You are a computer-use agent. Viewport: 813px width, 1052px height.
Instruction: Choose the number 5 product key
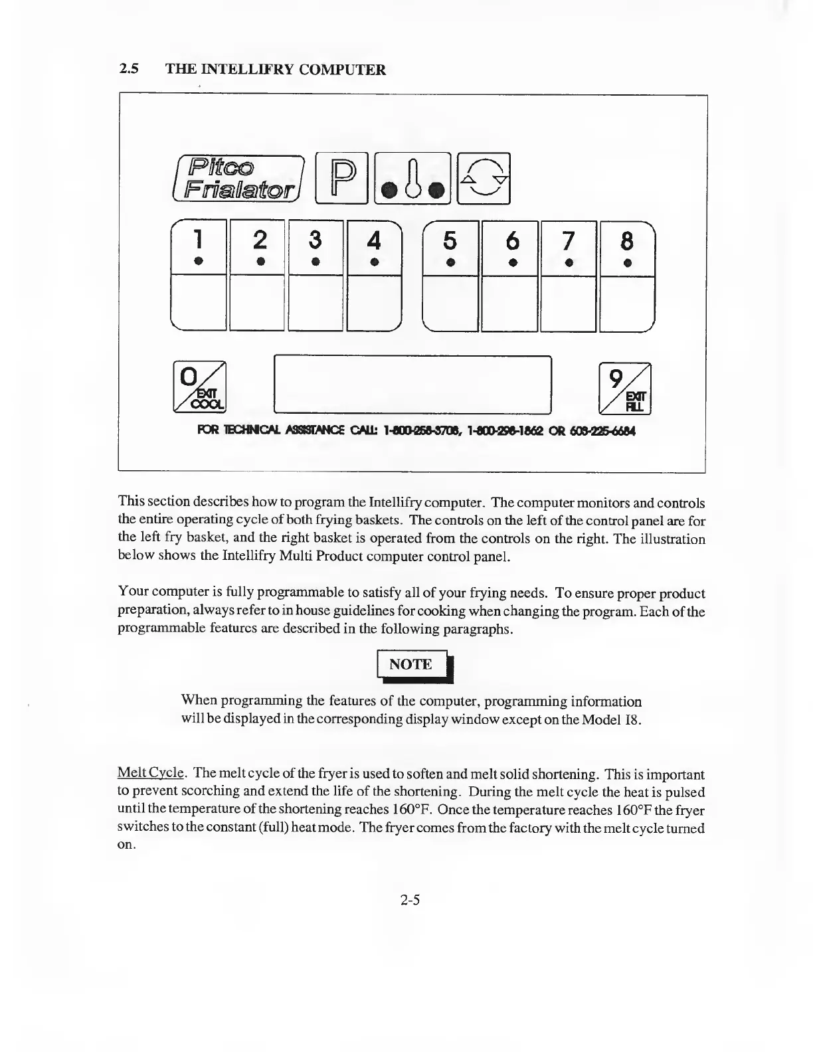pos(450,247)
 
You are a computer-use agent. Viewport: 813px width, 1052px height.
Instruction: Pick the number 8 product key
pos(627,247)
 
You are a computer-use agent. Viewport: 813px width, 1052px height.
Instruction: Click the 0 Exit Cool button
pos(200,385)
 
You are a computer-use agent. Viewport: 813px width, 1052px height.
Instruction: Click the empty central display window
pos(412,384)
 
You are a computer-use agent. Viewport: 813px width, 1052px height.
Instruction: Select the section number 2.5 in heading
pos(128,69)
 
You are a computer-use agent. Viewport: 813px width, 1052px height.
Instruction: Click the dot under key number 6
pos(512,262)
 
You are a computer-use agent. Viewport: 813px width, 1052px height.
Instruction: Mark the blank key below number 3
pos(316,304)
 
